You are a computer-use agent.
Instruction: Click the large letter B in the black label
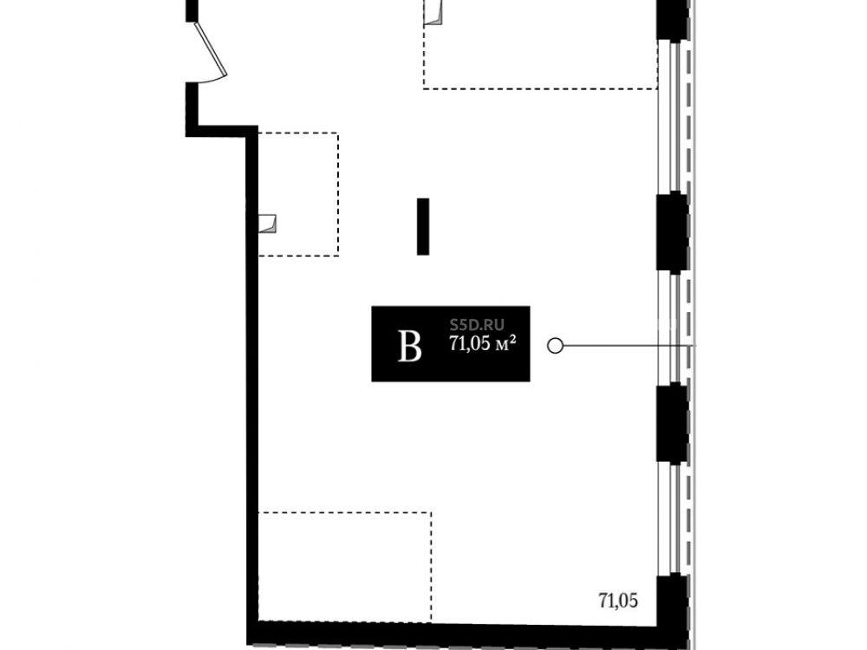pyautogui.click(x=410, y=346)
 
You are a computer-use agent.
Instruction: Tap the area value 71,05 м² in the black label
pyautogui.click(x=483, y=344)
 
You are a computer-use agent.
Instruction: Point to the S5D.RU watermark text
pyautogui.click(x=477, y=325)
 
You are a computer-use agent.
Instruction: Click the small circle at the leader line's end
pyautogui.click(x=555, y=346)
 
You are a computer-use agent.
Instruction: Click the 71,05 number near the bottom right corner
pyautogui.click(x=618, y=601)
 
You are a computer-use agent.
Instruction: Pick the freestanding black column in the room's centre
pyautogui.click(x=423, y=226)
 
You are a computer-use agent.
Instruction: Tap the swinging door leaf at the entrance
pyautogui.click(x=211, y=49)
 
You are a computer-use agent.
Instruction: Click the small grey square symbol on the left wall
pyautogui.click(x=268, y=224)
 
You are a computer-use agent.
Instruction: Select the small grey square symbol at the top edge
pyautogui.click(x=433, y=13)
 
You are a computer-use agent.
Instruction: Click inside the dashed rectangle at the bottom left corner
pyautogui.click(x=345, y=567)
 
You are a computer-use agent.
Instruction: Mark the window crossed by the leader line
pyautogui.click(x=673, y=328)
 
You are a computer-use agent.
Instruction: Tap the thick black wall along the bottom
pyautogui.click(x=453, y=634)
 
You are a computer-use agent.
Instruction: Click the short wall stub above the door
pyautogui.click(x=192, y=11)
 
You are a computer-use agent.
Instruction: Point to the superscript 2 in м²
pyautogui.click(x=513, y=339)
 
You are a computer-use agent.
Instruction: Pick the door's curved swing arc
pyautogui.click(x=213, y=80)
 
